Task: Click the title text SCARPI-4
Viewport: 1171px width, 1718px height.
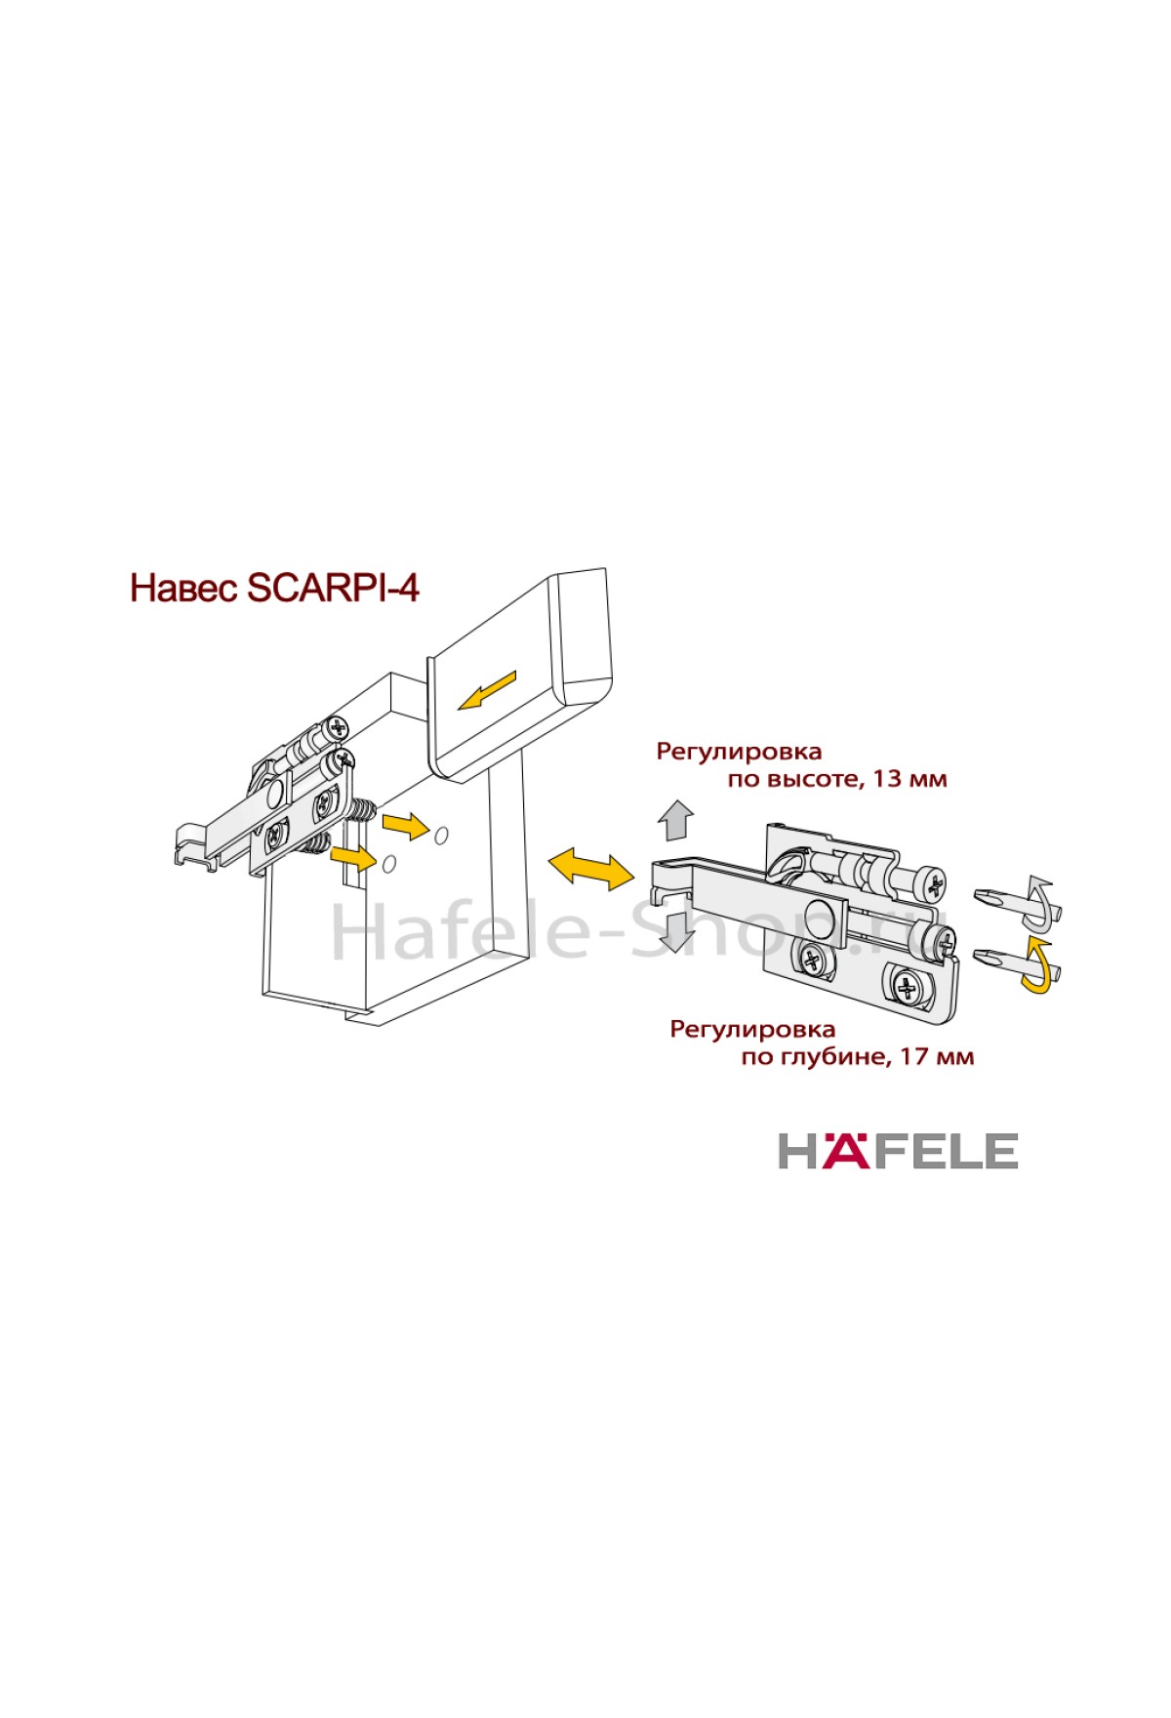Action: point(334,589)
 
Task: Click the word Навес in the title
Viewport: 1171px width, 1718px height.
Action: point(184,589)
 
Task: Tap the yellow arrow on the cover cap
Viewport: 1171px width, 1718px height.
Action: point(487,690)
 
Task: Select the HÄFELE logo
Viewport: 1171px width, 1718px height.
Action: point(898,1151)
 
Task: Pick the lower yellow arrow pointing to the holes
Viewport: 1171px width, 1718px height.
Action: point(353,858)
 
